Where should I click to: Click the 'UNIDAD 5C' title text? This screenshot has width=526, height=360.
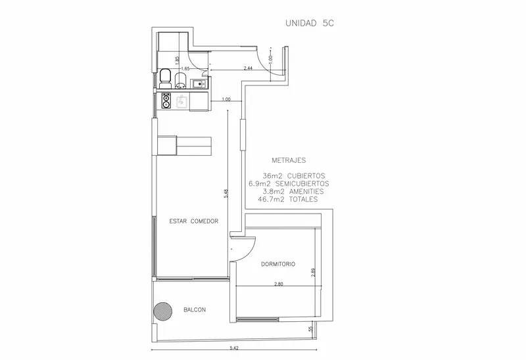tap(310, 23)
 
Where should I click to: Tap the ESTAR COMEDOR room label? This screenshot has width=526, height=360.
tap(193, 221)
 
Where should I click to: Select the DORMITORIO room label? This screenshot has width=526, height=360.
tap(278, 264)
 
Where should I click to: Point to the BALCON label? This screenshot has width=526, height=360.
tap(195, 309)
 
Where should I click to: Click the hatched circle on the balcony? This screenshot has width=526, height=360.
tap(163, 311)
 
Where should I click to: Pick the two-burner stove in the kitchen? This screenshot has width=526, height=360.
tap(166, 101)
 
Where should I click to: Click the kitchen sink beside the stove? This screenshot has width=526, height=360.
tap(183, 101)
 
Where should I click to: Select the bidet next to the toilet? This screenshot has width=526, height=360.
tap(181, 81)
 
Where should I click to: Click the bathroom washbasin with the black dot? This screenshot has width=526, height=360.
tap(199, 83)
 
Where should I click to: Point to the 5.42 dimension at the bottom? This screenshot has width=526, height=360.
tap(234, 348)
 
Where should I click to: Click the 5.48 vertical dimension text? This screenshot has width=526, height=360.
tap(226, 194)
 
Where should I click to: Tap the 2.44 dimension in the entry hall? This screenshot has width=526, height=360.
tap(248, 68)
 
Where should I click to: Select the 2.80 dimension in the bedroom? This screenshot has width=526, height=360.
tap(278, 284)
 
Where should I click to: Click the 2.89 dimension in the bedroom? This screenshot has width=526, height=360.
tap(313, 271)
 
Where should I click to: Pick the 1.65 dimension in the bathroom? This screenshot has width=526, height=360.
tap(185, 68)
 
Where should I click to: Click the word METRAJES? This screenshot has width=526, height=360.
tap(289, 160)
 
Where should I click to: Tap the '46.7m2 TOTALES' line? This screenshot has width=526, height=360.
tap(287, 199)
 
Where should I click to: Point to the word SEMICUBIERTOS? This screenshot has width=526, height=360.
tap(302, 184)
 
